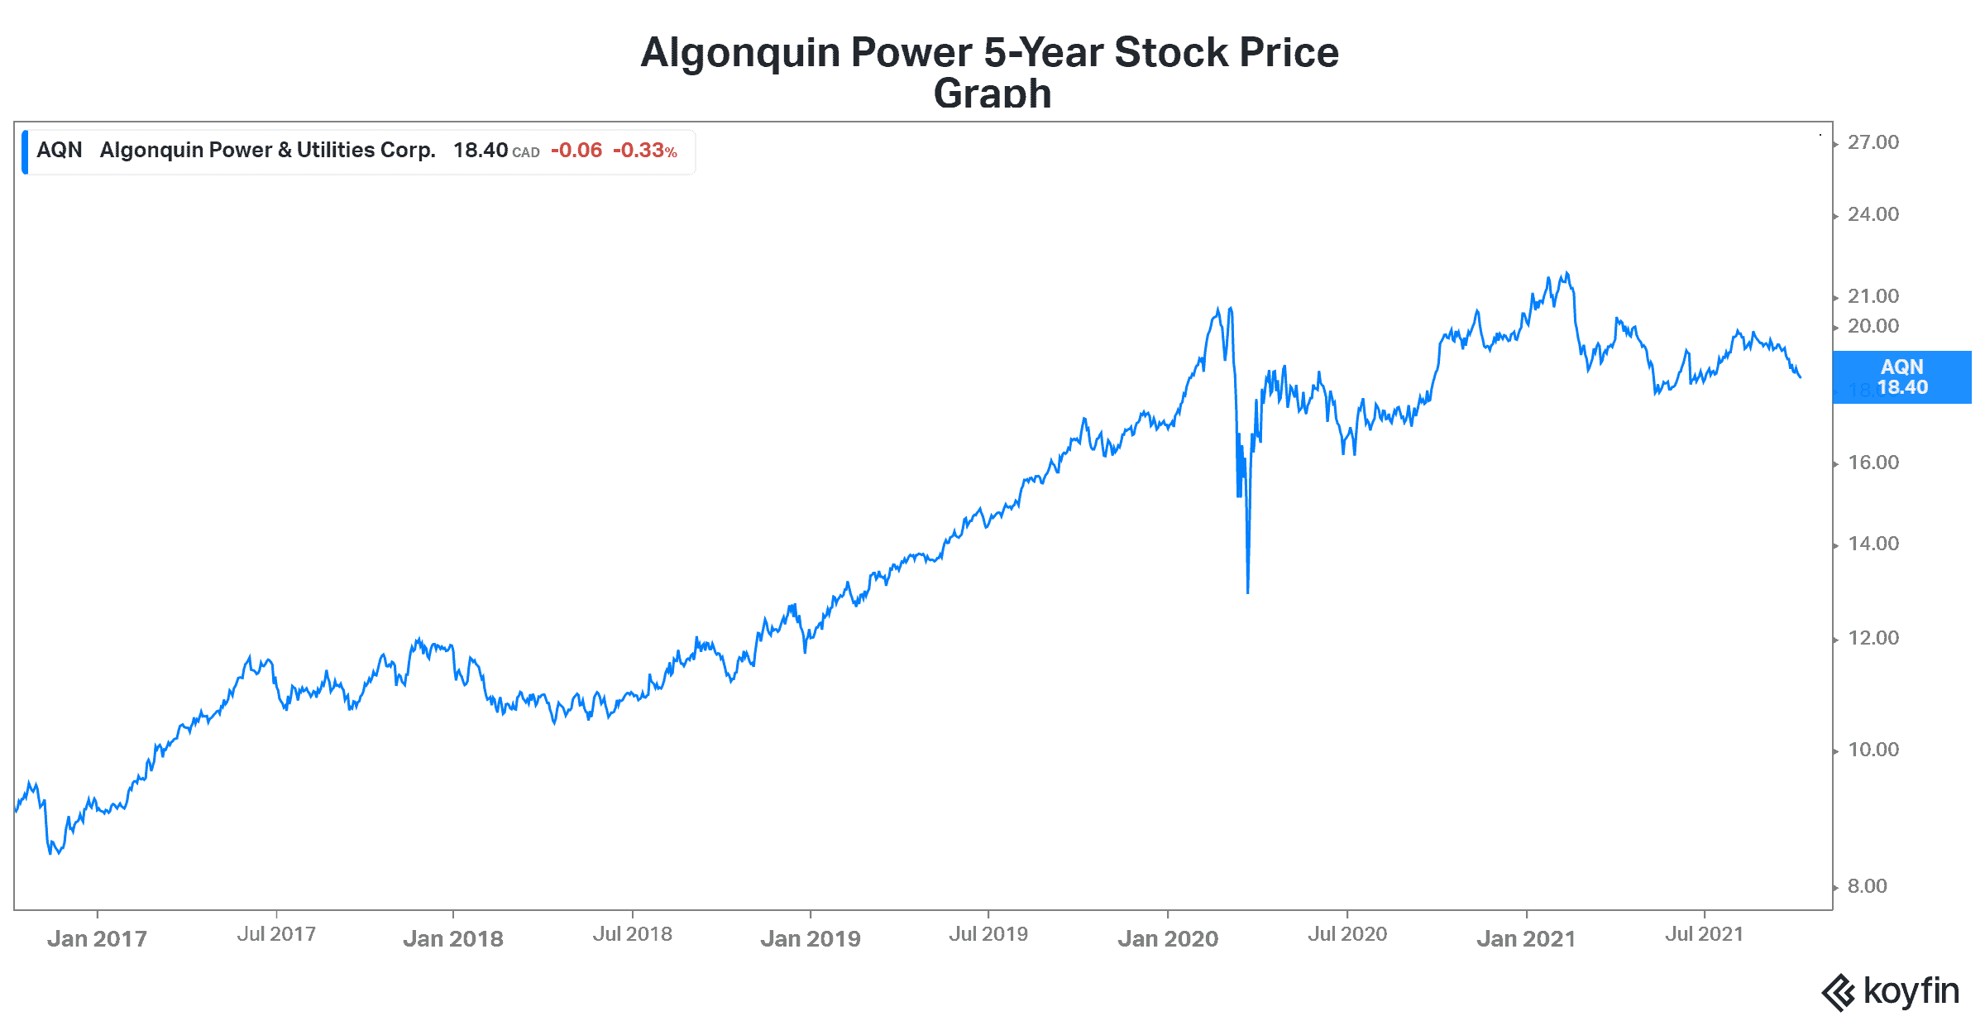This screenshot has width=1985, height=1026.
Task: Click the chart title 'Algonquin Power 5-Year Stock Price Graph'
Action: click(x=990, y=70)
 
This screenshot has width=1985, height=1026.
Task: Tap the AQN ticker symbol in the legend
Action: click(x=60, y=151)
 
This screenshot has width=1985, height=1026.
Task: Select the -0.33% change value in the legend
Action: click(x=644, y=151)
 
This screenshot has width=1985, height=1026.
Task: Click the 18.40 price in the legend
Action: click(x=481, y=151)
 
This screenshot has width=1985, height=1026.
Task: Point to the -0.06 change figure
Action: click(x=576, y=151)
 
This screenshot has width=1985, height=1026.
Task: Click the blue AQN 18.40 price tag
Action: click(x=1901, y=377)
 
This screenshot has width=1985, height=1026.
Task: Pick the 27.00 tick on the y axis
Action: click(x=1873, y=142)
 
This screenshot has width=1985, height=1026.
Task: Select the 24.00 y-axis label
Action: click(x=1873, y=214)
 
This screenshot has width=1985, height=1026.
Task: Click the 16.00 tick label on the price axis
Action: click(x=1873, y=463)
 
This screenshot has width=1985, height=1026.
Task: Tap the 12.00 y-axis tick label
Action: click(x=1873, y=638)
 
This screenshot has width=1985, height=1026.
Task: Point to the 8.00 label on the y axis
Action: click(x=1868, y=886)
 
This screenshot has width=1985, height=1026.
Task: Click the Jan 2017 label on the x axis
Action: click(x=97, y=938)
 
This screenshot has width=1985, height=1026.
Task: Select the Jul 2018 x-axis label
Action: click(x=633, y=934)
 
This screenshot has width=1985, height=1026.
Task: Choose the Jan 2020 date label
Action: click(x=1168, y=938)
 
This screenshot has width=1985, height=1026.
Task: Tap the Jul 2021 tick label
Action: click(x=1704, y=934)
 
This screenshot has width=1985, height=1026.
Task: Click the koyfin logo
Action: click(x=1891, y=991)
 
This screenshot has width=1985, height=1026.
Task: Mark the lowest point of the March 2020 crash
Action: click(x=1247, y=592)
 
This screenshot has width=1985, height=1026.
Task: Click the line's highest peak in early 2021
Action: click(x=1566, y=273)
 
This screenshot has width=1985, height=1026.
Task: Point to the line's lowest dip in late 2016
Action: click(x=51, y=853)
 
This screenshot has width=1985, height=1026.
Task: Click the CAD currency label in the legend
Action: click(x=526, y=153)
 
